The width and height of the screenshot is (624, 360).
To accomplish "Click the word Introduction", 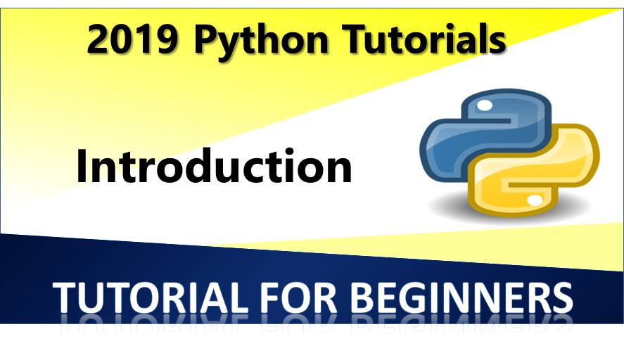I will pyautogui.click(x=214, y=167).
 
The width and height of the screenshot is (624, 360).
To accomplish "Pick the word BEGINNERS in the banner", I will pyautogui.click(x=461, y=297).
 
